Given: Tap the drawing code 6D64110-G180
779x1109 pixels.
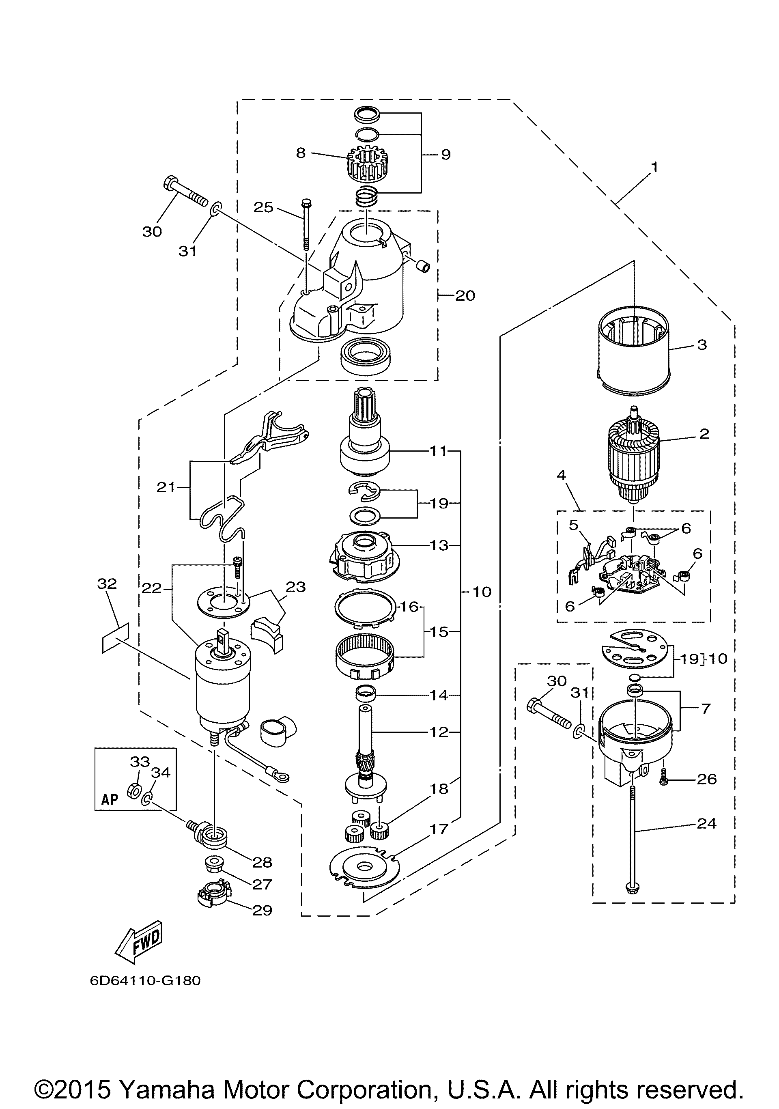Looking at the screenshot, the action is pos(145,981).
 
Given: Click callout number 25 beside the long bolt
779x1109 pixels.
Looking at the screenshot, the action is pos(264,207).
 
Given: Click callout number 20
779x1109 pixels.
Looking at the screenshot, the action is pos(465,295).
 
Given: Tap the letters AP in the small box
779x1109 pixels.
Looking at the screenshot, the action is pos(110,799).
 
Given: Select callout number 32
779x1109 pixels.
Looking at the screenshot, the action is pos(107,584).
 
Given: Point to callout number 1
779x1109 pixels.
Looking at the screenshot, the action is pos(654,168).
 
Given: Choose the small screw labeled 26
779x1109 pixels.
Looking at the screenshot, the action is pos(665,778).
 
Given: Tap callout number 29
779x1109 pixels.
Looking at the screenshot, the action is pos(262,910).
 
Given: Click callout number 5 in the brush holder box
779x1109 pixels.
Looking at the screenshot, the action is pos(573,525).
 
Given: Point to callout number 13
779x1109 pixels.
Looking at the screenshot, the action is pos(439,545).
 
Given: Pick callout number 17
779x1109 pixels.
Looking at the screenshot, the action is pos(439,829).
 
